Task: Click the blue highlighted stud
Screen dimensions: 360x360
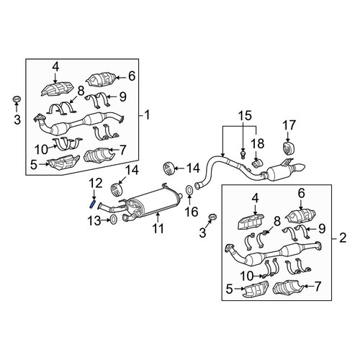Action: [92, 204]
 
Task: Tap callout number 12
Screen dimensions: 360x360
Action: [96, 184]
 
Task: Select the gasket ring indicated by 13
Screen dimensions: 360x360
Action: [113, 220]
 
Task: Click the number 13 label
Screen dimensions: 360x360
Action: [94, 221]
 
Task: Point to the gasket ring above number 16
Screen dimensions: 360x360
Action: [189, 190]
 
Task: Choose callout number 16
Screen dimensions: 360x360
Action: [192, 212]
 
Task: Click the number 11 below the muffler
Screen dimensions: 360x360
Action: [158, 228]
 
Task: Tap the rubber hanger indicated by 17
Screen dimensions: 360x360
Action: [288, 149]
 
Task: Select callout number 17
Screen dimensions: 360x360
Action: [289, 125]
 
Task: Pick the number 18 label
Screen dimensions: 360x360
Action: [258, 143]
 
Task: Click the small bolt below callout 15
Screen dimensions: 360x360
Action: [243, 154]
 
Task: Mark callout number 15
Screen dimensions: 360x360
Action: [245, 116]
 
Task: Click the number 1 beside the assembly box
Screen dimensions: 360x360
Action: [147, 114]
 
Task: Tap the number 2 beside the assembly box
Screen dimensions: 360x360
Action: [343, 238]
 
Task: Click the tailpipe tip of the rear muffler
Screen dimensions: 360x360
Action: [299, 167]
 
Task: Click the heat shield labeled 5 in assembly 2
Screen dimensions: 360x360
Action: [255, 289]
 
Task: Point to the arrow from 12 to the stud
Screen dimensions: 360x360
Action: [94, 194]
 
